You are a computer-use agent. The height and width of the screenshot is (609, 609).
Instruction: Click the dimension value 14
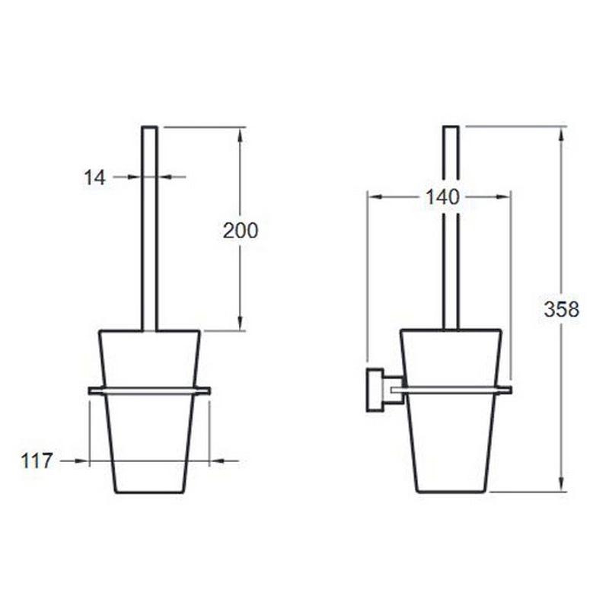[94, 178]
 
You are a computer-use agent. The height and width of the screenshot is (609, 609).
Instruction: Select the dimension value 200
[241, 231]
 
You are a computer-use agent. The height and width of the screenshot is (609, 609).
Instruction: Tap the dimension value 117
[36, 461]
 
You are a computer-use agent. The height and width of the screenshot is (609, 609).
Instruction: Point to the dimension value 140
[442, 197]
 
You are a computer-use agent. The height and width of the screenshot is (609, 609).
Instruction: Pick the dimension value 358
[561, 310]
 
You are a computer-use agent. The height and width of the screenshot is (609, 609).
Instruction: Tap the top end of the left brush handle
[149, 127]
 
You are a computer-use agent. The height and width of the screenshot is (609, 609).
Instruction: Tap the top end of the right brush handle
[451, 127]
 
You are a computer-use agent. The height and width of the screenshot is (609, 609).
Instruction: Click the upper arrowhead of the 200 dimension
[240, 135]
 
